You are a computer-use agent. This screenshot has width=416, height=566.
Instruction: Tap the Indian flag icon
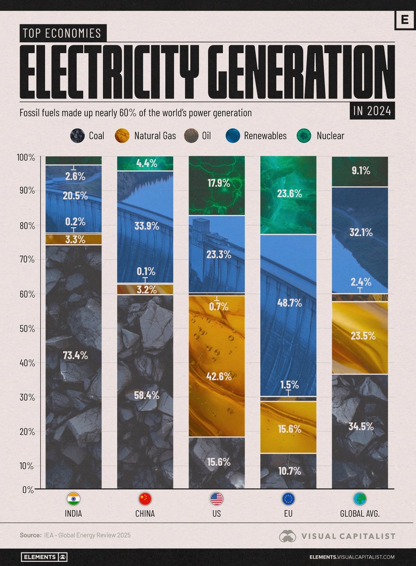click(x=73, y=499)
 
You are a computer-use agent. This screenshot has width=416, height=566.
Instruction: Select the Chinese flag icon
click(x=145, y=499)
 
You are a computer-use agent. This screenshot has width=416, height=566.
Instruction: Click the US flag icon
click(x=217, y=499)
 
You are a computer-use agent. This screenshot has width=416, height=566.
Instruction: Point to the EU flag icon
click(x=288, y=499)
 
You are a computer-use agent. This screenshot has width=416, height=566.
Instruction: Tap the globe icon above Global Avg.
click(x=360, y=499)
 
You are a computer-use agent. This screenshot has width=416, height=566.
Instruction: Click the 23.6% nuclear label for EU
click(x=288, y=194)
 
